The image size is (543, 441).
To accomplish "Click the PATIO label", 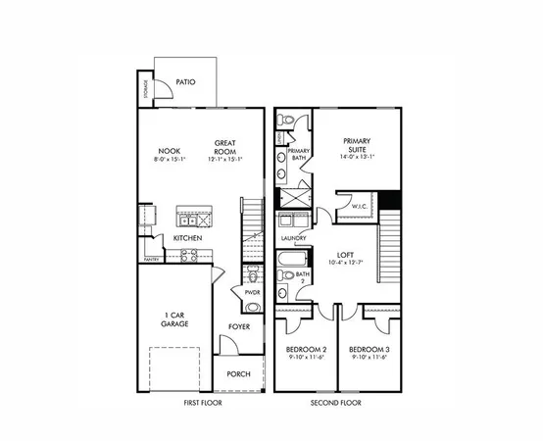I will pos(187,82).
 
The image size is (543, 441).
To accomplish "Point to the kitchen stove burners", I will pos(188,256).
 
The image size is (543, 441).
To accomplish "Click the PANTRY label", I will pos(152,260).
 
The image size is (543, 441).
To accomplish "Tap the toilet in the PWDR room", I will pos(252,273).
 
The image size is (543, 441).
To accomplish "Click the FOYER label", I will pos(240,326).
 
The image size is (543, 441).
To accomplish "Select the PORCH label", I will pos(239,373).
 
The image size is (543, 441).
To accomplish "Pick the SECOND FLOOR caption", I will pos(337,403).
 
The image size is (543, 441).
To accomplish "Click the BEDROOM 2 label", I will pos(306,350).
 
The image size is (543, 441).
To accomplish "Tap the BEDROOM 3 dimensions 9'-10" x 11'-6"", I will pos(370,359).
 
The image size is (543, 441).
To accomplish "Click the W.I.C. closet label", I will pos(359,207).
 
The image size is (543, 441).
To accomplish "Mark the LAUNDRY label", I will pos(293,238).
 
